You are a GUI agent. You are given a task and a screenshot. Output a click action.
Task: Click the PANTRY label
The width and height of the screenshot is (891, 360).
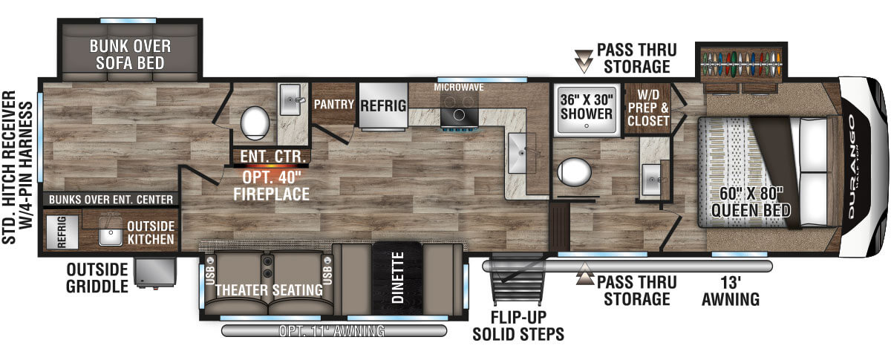[333, 104]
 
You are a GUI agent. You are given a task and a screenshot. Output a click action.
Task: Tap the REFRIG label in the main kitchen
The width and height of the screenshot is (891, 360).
[383, 106]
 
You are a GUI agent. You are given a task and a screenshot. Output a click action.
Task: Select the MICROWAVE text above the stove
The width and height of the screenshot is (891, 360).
[459, 87]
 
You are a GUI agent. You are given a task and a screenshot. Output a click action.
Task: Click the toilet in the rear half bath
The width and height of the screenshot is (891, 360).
[255, 122]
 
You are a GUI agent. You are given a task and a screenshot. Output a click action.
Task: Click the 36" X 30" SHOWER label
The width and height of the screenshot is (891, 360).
[587, 106]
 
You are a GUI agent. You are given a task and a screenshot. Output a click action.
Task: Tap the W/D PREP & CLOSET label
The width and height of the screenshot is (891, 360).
[648, 108]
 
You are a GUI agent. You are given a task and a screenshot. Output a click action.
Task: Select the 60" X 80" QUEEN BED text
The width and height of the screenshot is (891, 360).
[751, 202]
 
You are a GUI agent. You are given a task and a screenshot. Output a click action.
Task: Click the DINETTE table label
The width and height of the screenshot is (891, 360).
[397, 278]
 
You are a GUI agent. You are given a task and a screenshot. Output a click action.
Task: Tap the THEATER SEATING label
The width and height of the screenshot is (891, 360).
[269, 289]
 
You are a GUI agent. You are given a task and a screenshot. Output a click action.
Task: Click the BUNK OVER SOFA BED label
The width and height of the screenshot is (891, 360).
[130, 54]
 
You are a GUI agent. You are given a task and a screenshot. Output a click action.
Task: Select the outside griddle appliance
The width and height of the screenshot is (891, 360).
[154, 272]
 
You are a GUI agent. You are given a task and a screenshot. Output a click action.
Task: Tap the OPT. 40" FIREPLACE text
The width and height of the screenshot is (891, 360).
[271, 186]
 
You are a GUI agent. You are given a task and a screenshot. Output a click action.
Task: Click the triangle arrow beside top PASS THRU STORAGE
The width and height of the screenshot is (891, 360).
[584, 61]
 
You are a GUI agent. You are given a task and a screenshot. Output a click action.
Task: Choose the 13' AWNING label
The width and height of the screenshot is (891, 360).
[731, 291]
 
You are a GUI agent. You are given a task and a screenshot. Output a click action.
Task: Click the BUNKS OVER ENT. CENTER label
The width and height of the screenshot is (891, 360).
[111, 199]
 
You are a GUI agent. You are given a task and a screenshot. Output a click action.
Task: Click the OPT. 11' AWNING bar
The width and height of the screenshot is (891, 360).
[333, 330]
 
